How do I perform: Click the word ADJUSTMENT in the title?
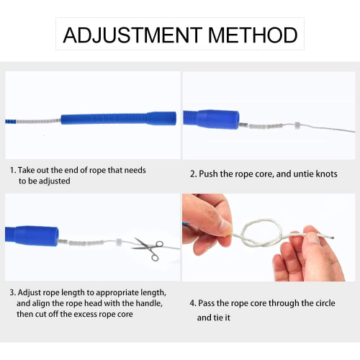pos(132,35)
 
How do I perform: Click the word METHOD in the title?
pos(253,35)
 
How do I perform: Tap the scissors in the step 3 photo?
pos(148,248)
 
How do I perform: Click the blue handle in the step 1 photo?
pos(118,118)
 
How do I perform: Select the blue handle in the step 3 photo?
pos(32,236)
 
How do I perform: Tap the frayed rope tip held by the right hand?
pos(330,238)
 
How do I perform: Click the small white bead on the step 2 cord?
pos(297,125)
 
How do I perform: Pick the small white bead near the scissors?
pos(119,242)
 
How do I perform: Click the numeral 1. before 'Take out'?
pos(13,171)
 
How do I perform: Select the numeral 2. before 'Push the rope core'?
pos(194,174)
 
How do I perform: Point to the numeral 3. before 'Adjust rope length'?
pos(13,293)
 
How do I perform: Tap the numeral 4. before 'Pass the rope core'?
pos(193,303)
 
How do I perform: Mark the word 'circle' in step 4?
pos(325,303)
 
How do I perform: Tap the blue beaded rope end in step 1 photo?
pos(11,121)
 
